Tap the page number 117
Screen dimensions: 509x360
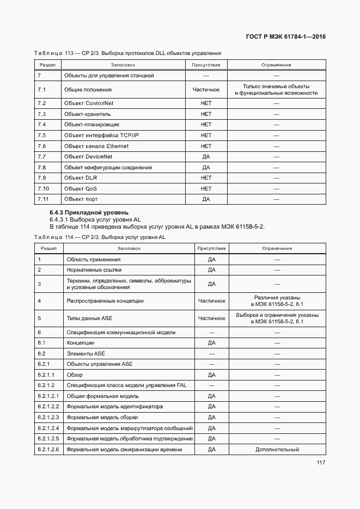(x=320, y=463)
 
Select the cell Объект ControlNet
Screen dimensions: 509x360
(x=89, y=103)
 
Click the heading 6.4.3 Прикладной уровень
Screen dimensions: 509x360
(x=89, y=212)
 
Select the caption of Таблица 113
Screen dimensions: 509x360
(x=127, y=53)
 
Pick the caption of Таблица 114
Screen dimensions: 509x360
(x=100, y=237)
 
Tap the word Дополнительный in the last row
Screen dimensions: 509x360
(x=277, y=450)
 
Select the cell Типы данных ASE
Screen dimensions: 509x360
(x=89, y=318)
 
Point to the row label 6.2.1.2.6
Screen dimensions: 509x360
(x=48, y=450)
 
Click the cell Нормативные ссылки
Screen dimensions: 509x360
(x=94, y=269)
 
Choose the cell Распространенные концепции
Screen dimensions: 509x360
(x=105, y=301)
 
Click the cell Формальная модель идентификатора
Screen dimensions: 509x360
(x=114, y=407)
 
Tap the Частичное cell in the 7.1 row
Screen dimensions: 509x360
(x=206, y=89)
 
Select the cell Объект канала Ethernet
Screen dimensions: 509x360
(x=96, y=146)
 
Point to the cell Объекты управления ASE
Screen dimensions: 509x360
(x=100, y=364)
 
